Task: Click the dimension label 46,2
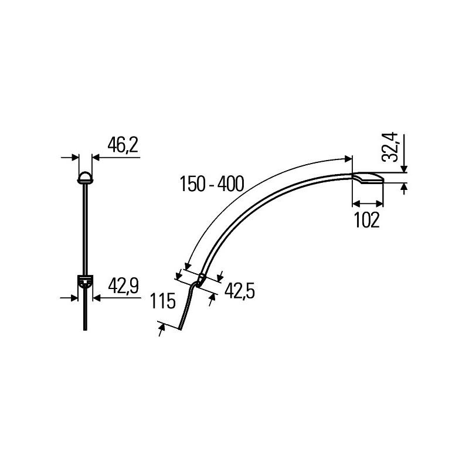[123, 145]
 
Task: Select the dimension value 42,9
[123, 286]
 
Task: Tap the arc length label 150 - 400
[212, 184]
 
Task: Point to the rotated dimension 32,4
[390, 147]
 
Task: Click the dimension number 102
[367, 220]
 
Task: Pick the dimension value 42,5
[240, 291]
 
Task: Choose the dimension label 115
[162, 301]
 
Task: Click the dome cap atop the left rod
[85, 178]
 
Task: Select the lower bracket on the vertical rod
[85, 281]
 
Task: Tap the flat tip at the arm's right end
[368, 178]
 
